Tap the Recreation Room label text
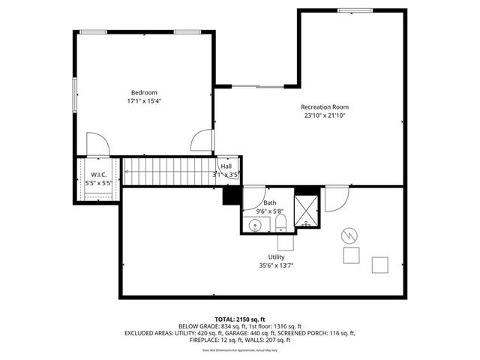point(325,107)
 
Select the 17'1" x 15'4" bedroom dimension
point(145,101)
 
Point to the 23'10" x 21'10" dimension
point(325,116)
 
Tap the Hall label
point(226,166)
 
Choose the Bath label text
point(269,202)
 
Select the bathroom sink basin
point(254,224)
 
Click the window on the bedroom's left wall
point(74,94)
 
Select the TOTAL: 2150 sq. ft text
point(239,319)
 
